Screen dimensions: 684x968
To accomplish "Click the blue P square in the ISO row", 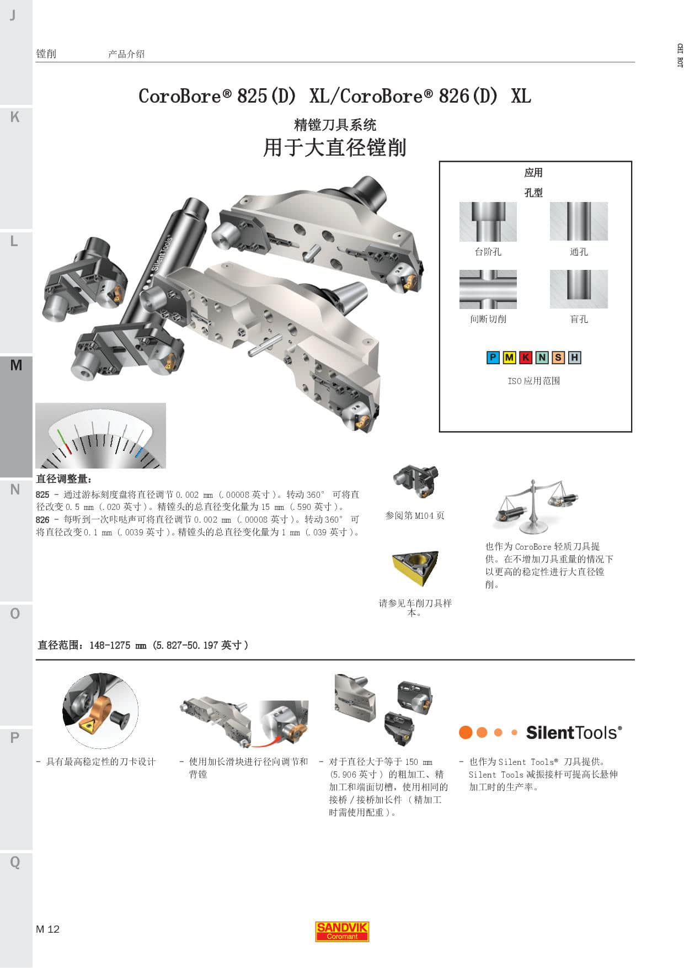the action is pyautogui.click(x=493, y=358).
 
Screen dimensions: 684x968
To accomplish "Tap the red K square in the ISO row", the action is pyautogui.click(x=526, y=358).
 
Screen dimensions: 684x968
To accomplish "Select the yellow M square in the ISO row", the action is pyautogui.click(x=509, y=358).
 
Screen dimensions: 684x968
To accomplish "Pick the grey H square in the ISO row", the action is pyautogui.click(x=575, y=358).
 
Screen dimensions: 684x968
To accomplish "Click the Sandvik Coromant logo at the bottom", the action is pyautogui.click(x=342, y=931).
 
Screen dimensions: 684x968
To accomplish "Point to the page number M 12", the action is pyautogui.click(x=47, y=929).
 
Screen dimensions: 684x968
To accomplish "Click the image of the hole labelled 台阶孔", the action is pyautogui.click(x=488, y=222).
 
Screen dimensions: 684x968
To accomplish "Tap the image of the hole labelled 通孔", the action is pyautogui.click(x=579, y=221).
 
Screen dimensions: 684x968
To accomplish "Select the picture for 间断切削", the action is pyautogui.click(x=488, y=289).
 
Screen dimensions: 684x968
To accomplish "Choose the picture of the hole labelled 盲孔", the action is pyautogui.click(x=579, y=289).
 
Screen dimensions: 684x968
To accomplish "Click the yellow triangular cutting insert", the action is pyautogui.click(x=415, y=568).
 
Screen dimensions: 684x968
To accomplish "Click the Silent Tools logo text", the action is pyautogui.click(x=574, y=733).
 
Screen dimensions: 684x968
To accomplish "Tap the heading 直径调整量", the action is pyautogui.click(x=64, y=479).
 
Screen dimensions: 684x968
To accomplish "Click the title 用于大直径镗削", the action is pyautogui.click(x=335, y=148).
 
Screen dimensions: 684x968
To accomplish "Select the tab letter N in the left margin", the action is pyautogui.click(x=15, y=490).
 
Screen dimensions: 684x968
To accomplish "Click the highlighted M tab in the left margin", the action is pyautogui.click(x=16, y=365).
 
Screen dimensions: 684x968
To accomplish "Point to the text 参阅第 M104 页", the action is pyautogui.click(x=415, y=515).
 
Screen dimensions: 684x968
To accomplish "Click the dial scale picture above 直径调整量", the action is pyautogui.click(x=100, y=436).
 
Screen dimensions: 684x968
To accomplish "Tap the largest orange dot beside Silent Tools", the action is pyautogui.click(x=466, y=732).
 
